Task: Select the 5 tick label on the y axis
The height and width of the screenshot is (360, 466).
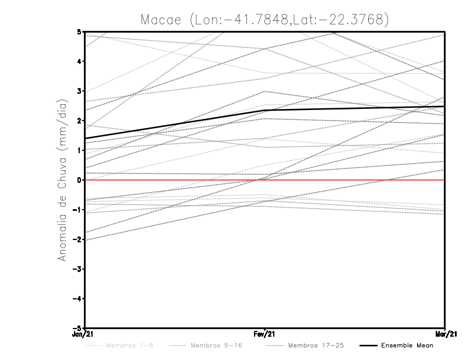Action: [79, 31]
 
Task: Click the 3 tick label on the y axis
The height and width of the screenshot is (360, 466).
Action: [79, 91]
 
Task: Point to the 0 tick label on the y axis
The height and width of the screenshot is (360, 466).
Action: [79, 180]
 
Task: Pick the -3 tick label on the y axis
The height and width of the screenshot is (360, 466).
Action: [77, 269]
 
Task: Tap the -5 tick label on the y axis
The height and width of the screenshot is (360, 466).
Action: [77, 329]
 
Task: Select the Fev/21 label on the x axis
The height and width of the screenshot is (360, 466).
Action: [265, 334]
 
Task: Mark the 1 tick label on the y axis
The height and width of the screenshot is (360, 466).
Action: [79, 150]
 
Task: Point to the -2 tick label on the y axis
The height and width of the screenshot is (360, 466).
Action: [77, 239]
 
